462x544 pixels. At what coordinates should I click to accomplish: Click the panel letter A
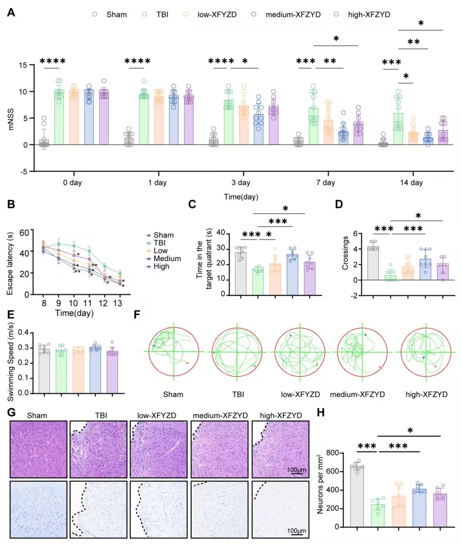click(11, 12)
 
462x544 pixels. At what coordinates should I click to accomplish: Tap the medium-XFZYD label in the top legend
click(293, 15)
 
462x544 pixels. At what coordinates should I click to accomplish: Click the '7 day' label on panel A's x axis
click(326, 182)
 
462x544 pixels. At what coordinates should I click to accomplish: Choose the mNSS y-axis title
click(11, 119)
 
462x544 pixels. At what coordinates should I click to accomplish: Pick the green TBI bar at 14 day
click(398, 129)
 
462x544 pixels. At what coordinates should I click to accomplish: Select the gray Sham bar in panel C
click(240, 273)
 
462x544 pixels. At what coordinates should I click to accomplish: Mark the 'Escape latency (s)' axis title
click(10, 264)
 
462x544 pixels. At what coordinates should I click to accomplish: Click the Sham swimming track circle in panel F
click(174, 351)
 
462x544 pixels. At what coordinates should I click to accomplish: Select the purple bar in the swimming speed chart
click(112, 372)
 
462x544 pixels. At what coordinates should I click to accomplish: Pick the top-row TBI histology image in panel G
click(98, 449)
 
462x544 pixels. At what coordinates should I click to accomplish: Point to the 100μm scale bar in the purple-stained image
click(296, 474)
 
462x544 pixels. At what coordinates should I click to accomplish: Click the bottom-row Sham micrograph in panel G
click(38, 509)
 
